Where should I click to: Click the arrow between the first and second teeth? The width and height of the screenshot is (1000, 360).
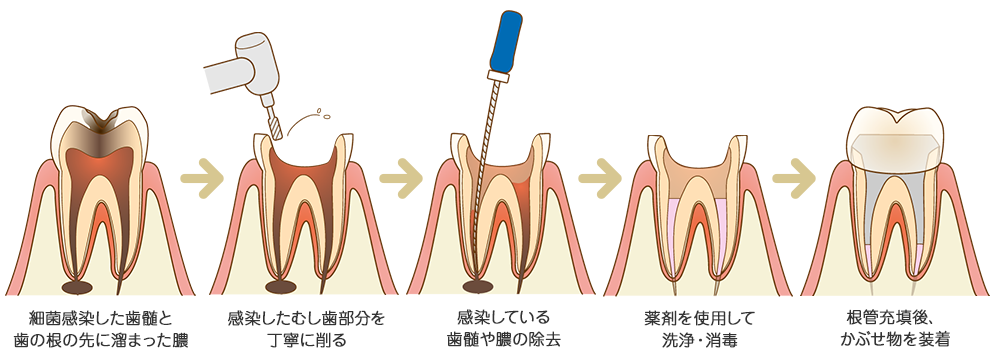coord(199,178)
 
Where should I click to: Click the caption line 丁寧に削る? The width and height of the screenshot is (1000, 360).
coord(306,341)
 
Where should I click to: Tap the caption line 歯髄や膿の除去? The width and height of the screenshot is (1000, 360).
coord(498,341)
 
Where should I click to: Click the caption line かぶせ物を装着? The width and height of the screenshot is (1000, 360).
coord(895,341)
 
